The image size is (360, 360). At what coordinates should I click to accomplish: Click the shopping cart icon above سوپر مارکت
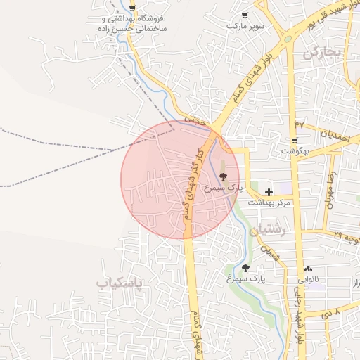244,15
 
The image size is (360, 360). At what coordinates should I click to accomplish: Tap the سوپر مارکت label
245,26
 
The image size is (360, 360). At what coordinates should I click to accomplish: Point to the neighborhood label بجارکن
323,53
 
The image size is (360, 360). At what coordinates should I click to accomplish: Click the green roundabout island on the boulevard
287,39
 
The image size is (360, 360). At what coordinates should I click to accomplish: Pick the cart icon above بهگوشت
294,141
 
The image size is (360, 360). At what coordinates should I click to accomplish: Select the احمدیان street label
335,134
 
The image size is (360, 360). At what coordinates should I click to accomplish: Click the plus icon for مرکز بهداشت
269,191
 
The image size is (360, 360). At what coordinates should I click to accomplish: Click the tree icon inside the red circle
224,176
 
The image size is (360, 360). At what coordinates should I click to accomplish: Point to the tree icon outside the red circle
245,268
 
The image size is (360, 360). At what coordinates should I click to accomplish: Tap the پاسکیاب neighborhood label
118,283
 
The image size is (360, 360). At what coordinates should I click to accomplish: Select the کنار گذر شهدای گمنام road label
193,184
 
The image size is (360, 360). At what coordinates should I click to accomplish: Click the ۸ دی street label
333,310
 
